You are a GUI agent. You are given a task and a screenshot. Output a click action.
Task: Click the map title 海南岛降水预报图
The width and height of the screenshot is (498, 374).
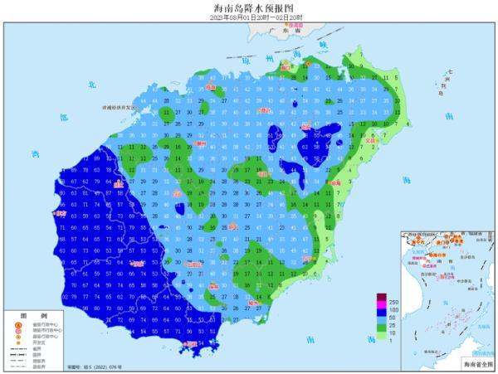[x=249, y=7]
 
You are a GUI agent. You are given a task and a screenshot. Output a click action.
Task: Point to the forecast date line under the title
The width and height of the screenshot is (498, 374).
[x=249, y=17]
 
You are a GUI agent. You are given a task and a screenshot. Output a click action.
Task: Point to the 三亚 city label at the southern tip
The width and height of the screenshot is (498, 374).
[x=193, y=342]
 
